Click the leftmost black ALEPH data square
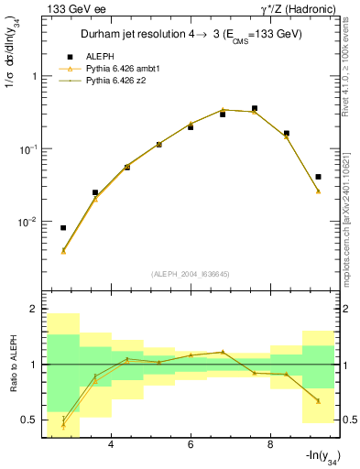click(63, 228)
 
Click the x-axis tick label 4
click(111, 445)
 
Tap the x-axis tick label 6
click(191, 445)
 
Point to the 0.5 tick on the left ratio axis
click(28, 420)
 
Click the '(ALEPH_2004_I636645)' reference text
click(190, 273)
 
